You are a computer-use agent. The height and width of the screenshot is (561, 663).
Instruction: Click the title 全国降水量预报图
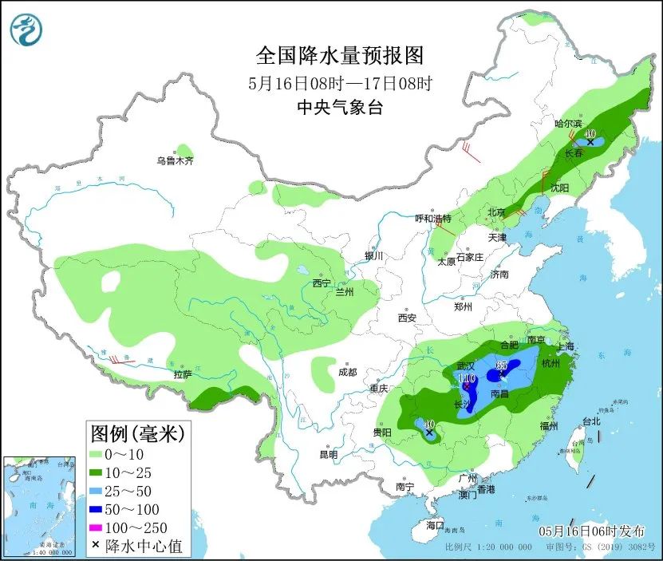(339, 56)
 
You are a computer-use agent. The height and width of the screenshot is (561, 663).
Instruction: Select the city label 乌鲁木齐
(175, 161)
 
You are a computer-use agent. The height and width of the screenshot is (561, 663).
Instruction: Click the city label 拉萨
(183, 373)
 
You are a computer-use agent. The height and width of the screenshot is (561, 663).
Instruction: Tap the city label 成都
(347, 372)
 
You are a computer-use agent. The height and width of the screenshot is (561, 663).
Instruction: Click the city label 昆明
(329, 454)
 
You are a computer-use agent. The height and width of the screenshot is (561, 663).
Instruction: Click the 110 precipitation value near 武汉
(467, 377)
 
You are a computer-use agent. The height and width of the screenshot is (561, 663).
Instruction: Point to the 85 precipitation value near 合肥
(502, 365)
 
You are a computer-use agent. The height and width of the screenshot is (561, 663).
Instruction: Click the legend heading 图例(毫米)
(137, 434)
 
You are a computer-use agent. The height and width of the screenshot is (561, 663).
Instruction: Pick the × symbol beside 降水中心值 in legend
(96, 547)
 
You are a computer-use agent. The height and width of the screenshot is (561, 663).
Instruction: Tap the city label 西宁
(322, 283)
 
